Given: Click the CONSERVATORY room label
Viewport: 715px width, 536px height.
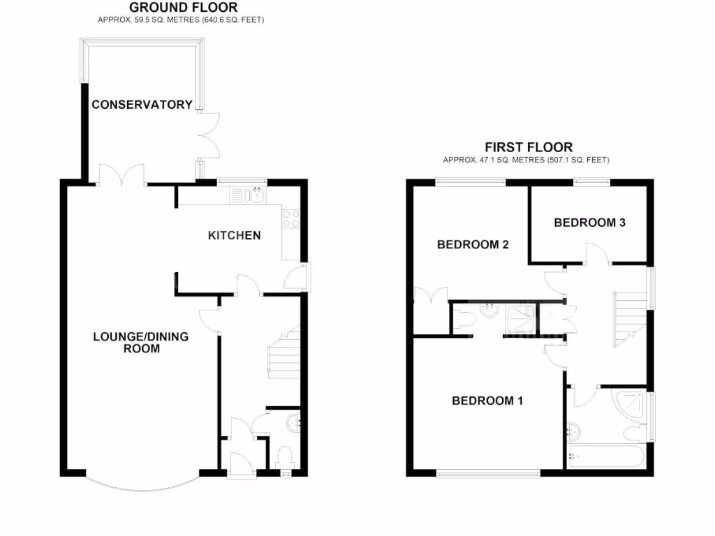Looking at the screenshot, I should pos(142,105).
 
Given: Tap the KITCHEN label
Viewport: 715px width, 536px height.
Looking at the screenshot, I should pos(235,235).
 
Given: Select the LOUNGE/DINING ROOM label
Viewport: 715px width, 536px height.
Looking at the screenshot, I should pos(141,342).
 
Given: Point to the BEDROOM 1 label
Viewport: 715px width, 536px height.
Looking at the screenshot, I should pos(487,401).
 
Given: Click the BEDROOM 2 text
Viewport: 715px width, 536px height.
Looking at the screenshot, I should pos(473,244).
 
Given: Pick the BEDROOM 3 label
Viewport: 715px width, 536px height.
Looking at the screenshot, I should pos(589,223).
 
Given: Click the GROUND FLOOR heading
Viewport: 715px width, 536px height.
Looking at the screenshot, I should pos(184,8).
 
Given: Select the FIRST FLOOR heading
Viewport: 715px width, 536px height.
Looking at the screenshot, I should pos(529,147).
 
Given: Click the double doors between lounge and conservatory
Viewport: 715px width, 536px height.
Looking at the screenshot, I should pos(122,176).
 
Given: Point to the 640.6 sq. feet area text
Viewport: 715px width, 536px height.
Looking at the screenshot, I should pos(233,20).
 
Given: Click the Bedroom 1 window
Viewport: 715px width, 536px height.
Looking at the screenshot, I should pos(489,473).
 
